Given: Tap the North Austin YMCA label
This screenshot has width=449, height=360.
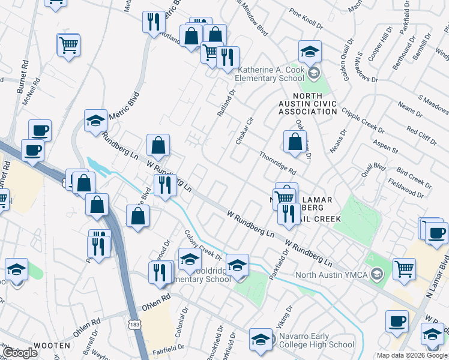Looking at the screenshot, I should tap(333, 275).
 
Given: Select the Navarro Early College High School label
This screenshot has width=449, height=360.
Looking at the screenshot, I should tap(316, 344).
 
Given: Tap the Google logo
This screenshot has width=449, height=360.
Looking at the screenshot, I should tap(20, 353).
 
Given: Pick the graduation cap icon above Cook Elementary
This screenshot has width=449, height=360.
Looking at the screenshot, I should tap(310, 51).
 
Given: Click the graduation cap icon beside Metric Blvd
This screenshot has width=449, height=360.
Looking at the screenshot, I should tap(95, 121).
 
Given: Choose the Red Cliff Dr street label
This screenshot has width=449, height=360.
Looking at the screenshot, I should tap(421, 133).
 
